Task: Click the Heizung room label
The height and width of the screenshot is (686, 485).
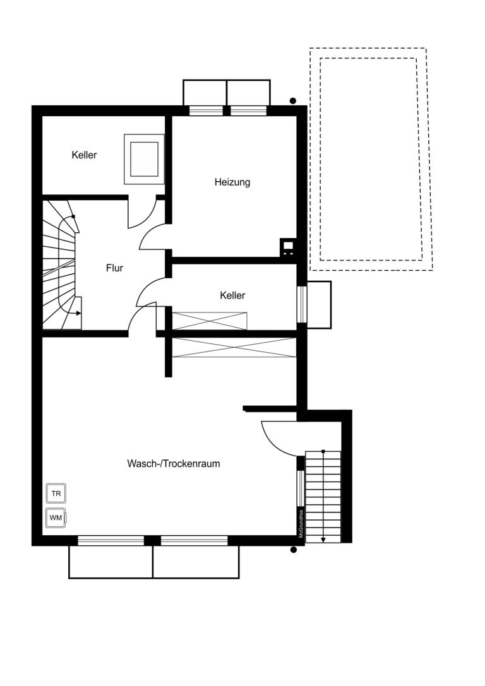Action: tap(232, 182)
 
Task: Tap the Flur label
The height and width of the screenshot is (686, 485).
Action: tap(114, 268)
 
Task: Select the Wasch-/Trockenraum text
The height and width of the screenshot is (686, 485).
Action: tap(173, 463)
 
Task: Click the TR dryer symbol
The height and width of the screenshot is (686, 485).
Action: tap(56, 494)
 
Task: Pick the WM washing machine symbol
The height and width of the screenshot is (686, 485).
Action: tap(56, 518)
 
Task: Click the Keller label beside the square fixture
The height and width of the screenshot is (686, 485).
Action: tap(84, 155)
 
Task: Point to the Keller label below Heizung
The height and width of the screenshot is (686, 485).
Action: tap(232, 296)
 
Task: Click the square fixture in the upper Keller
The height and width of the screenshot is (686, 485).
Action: tap(144, 159)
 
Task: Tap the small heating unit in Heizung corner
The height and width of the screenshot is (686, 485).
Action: tap(288, 247)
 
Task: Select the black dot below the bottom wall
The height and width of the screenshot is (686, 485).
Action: tap(294, 550)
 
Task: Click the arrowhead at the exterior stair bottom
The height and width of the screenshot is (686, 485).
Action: tap(323, 540)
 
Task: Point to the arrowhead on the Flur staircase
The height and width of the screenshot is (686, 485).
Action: tap(78, 313)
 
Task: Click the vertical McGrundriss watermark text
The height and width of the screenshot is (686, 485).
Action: tap(301, 524)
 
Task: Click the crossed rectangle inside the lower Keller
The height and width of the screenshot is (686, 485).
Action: tap(210, 321)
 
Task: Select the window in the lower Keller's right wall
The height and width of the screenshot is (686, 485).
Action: tap(301, 304)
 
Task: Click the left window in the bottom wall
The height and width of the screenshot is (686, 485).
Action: tap(111, 541)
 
